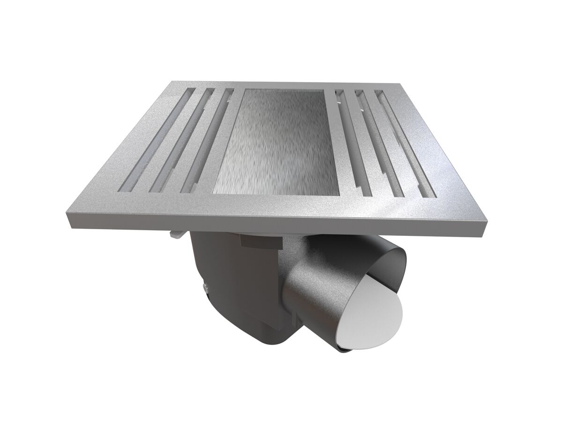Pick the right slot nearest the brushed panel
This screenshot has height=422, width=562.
click(x=349, y=141)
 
